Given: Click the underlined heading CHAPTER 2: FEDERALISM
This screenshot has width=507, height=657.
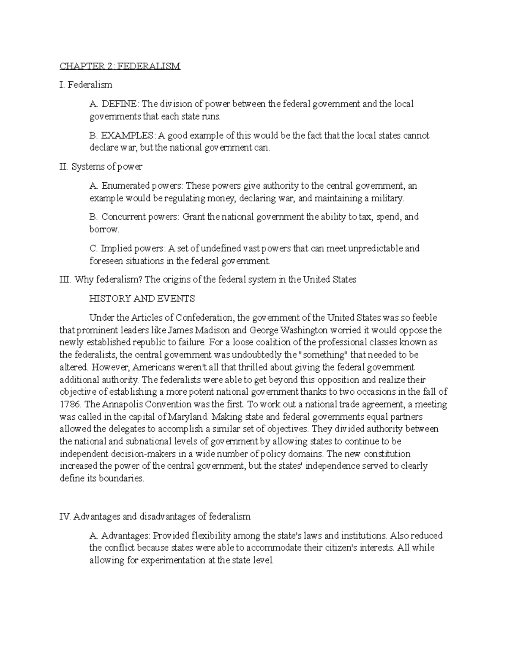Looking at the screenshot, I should pyautogui.click(x=120, y=66).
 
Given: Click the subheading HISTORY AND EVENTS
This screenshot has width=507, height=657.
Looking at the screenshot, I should pyautogui.click(x=142, y=299).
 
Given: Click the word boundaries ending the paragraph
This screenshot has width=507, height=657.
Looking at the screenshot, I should pyautogui.click(x=123, y=479).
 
